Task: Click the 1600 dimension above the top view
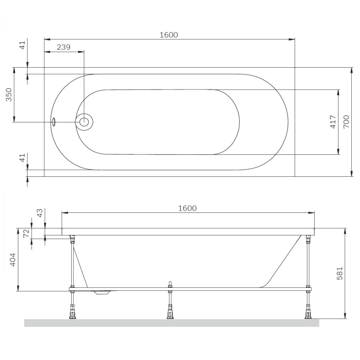coord(169,35)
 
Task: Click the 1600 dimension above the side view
coord(187,208)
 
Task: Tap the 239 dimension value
coord(64,47)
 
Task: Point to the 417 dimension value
coord(333,122)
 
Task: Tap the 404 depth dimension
coord(12,260)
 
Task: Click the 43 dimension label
coord(40,213)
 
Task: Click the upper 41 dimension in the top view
coord(22,45)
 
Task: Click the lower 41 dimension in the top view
coord(22,157)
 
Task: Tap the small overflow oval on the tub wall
coord(54,122)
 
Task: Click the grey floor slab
coord(171,323)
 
